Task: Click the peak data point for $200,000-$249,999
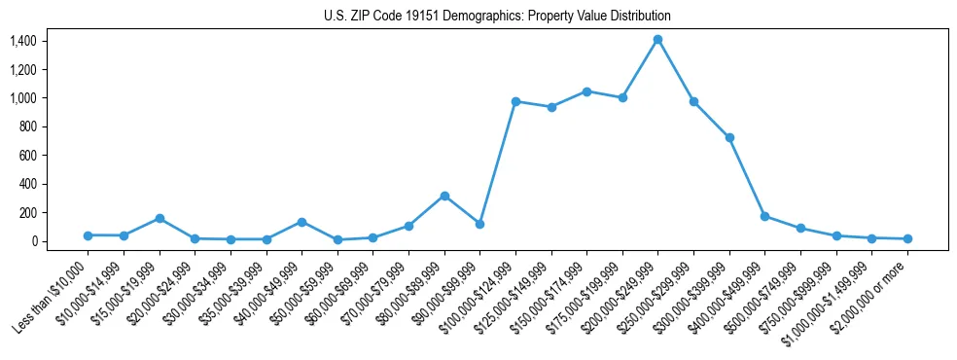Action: pyautogui.click(x=657, y=39)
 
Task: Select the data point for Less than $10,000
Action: pyautogui.click(x=88, y=235)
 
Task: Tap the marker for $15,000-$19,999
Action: pyautogui.click(x=159, y=218)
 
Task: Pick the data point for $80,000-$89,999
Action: pyautogui.click(x=444, y=196)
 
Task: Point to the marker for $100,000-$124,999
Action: pyautogui.click(x=515, y=101)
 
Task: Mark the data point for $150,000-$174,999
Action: pyautogui.click(x=586, y=91)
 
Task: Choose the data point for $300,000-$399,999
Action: pyautogui.click(x=729, y=137)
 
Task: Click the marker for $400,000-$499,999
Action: pyautogui.click(x=764, y=216)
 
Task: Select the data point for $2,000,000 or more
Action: pyautogui.click(x=907, y=238)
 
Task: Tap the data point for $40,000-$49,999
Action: pyautogui.click(x=301, y=222)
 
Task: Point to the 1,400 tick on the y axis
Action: pyautogui.click(x=23, y=41)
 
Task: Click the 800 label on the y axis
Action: pyautogui.click(x=26, y=126)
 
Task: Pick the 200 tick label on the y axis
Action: pyautogui.click(x=26, y=212)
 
